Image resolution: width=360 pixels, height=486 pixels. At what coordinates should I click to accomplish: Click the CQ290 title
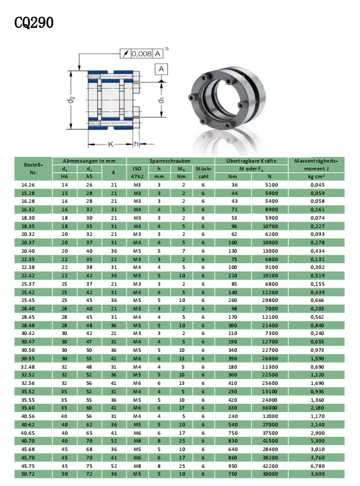coord(34,23)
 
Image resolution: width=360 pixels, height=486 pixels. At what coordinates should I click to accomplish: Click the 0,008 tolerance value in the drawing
coord(141,54)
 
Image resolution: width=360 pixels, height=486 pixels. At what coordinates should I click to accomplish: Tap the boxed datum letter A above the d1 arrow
coord(161,69)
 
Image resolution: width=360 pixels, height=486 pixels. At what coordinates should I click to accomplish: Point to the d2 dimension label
coord(72,100)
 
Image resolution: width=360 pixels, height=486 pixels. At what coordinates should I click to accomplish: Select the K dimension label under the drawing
coord(110,144)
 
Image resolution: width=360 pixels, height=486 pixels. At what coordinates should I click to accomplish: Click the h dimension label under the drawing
coord(136,144)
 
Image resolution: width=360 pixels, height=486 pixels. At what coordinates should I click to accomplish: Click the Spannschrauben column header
coord(170,161)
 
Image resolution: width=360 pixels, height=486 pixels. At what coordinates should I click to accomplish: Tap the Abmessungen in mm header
coord(89,161)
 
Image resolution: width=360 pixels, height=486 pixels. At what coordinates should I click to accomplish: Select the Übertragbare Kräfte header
coord(251,161)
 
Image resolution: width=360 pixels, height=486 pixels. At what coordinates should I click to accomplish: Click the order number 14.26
coord(28,185)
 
